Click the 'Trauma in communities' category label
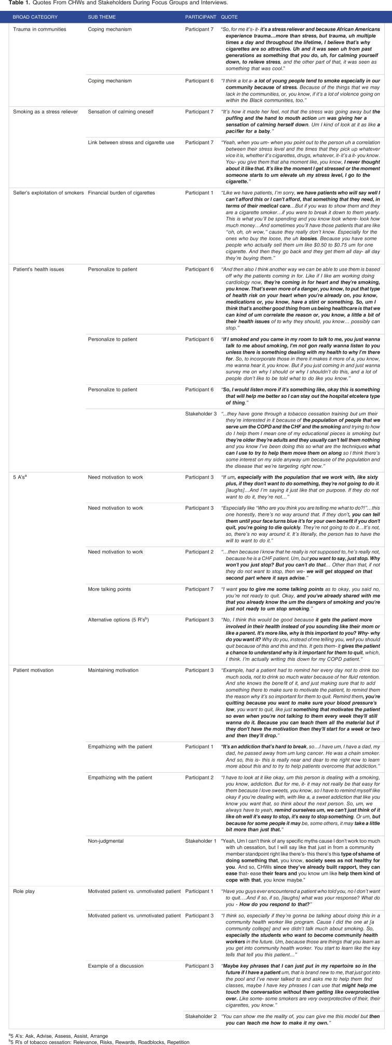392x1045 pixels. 39,30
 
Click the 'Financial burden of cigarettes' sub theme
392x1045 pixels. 121,193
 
